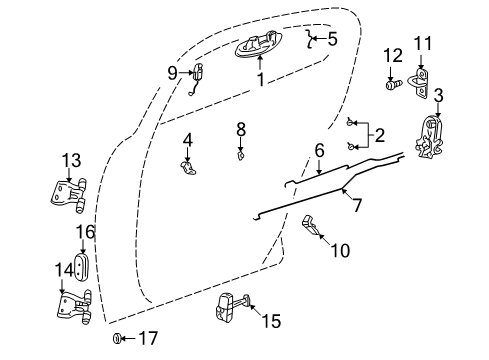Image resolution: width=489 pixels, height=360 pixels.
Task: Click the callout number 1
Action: [260, 79]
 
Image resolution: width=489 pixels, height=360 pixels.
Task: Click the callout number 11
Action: [424, 43]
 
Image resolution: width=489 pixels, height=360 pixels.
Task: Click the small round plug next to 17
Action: [117, 340]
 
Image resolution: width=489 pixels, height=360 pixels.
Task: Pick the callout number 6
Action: [320, 150]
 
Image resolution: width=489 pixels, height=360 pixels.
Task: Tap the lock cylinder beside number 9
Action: [197, 73]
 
